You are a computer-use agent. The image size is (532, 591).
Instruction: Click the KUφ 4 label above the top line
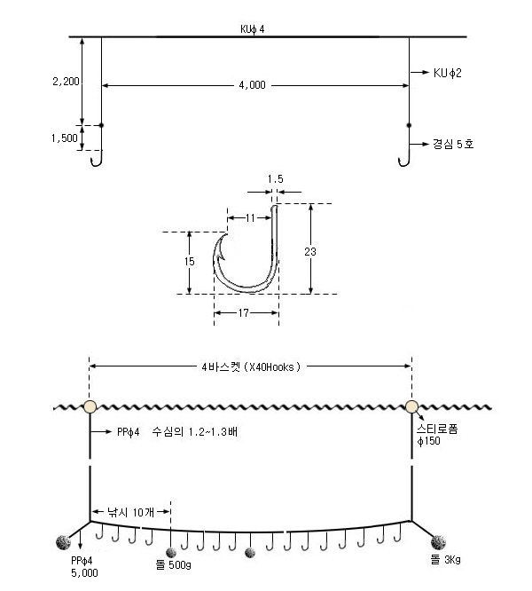click(253, 29)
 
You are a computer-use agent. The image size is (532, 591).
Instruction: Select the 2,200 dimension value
click(66, 82)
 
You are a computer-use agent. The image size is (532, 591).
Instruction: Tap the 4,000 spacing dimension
click(253, 85)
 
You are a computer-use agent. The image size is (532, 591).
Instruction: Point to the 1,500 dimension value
click(65, 138)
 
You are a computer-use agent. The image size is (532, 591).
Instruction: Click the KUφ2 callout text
click(447, 73)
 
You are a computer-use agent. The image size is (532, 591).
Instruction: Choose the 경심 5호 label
click(453, 144)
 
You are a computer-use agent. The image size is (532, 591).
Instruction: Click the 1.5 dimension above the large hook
click(275, 179)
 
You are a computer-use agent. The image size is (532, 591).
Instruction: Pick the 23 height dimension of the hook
click(309, 251)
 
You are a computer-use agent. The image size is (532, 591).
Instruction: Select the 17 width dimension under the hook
click(244, 313)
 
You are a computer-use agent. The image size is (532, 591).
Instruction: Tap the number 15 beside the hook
click(190, 261)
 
